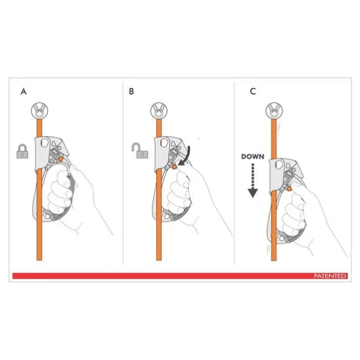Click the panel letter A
[x=23, y=92]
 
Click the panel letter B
[x=131, y=91]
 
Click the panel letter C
[x=253, y=91]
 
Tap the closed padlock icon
[x=23, y=151]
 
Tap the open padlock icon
[x=140, y=151]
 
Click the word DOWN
[x=253, y=157]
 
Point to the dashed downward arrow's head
[x=253, y=193]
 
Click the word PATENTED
[x=330, y=276]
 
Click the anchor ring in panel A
[x=40, y=111]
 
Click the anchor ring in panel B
[x=158, y=111]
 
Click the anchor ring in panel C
[x=274, y=111]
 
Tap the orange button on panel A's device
[x=61, y=158]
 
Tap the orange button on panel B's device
[x=175, y=167]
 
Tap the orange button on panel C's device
[x=289, y=189]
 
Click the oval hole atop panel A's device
[x=44, y=143]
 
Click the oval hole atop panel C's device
[x=279, y=165]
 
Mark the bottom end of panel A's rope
[x=39, y=260]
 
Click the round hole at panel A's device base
[x=47, y=217]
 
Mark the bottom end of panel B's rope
[x=158, y=260]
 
